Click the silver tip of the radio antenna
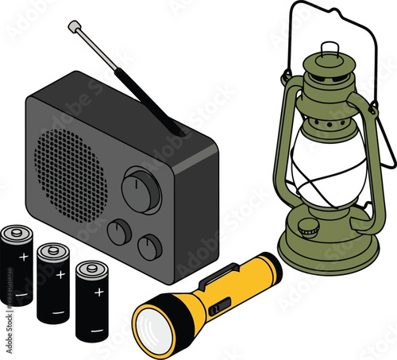pyautogui.click(x=75, y=27)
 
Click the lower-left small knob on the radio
pyautogui.click(x=118, y=232)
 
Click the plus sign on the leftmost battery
pyautogui.click(x=24, y=257)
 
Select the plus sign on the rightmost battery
pyautogui.click(x=98, y=292)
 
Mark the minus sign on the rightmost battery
pyautogui.click(x=95, y=328)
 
